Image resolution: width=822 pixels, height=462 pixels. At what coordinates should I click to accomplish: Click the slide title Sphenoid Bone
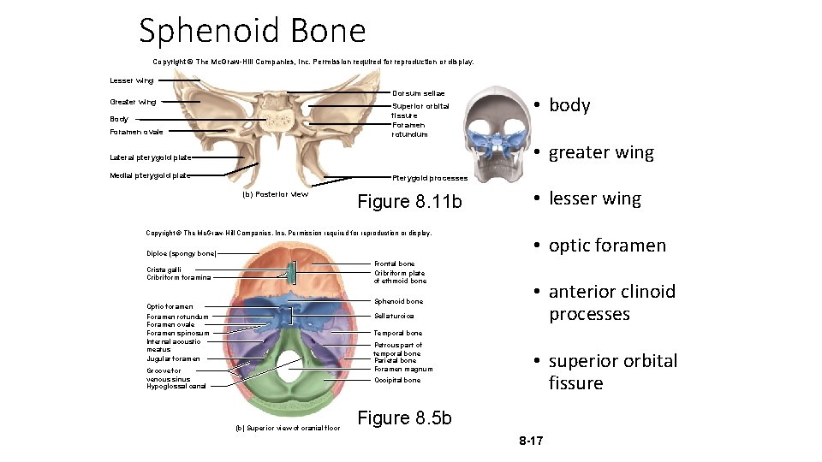click(253, 32)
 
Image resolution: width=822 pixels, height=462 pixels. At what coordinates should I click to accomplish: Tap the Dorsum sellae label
click(418, 92)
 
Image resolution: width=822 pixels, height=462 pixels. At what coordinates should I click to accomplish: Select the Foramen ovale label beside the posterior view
click(136, 132)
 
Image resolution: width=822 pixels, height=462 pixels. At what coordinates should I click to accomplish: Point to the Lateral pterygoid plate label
click(150, 157)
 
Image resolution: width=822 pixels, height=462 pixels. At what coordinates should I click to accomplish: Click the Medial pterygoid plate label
click(150, 175)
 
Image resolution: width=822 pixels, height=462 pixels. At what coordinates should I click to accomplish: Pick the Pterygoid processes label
click(430, 178)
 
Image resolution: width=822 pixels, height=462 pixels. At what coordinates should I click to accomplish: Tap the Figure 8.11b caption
click(409, 202)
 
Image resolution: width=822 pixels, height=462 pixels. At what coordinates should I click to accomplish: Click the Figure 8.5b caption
click(404, 418)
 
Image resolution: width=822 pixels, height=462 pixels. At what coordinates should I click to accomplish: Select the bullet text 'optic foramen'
click(607, 246)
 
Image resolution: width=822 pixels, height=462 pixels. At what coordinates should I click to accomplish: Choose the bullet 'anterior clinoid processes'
click(611, 303)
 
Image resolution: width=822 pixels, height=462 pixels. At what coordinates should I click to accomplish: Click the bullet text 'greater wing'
click(601, 152)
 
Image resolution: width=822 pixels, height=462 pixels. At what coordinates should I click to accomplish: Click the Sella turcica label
click(394, 317)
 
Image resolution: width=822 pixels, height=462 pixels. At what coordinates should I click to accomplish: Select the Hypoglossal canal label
click(176, 386)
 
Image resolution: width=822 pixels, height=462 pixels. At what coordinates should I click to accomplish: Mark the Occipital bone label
click(397, 380)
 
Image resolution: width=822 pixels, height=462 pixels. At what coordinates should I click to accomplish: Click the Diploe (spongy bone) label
click(182, 253)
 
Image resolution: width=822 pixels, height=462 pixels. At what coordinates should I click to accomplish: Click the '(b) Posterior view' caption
click(276, 194)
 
